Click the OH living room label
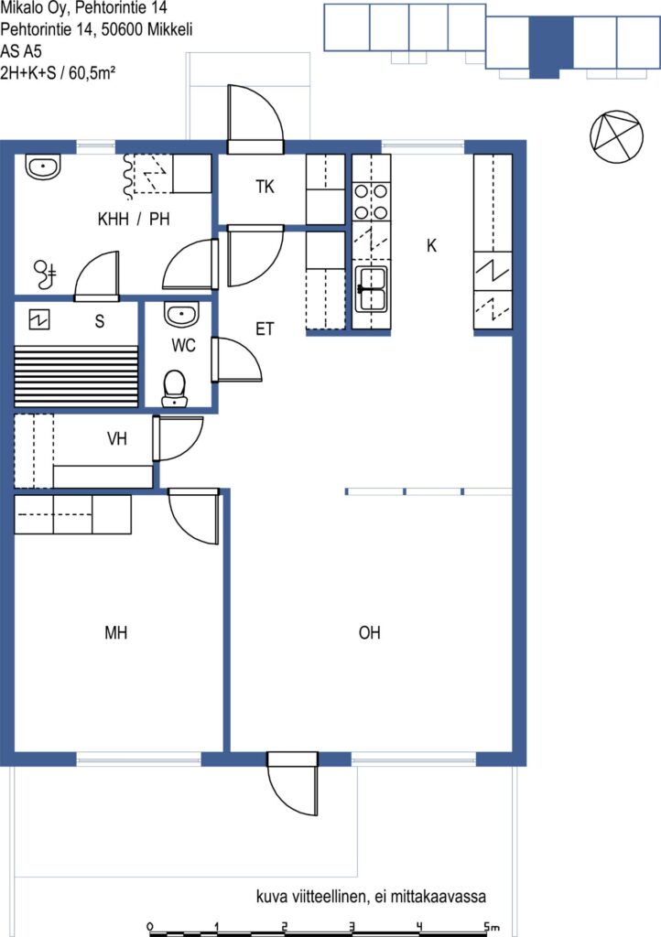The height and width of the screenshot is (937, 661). tap(369, 633)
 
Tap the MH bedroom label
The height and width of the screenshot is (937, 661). tap(116, 633)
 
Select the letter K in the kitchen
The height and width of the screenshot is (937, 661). tap(431, 245)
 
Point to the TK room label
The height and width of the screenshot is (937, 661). tap(265, 187)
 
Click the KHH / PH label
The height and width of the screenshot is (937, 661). tap(134, 220)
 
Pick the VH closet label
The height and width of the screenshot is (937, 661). tap(117, 439)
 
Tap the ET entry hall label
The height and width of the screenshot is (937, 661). tap(265, 328)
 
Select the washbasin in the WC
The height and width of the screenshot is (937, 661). tap(180, 315)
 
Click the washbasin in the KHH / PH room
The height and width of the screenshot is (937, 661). tap(44, 167)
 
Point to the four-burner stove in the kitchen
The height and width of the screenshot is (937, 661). tap(371, 202)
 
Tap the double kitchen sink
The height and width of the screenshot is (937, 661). tap(371, 288)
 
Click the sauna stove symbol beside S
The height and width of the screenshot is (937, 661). tap(39, 320)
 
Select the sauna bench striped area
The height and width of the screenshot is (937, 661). tap(76, 376)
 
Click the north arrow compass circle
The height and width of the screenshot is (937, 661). tap(617, 137)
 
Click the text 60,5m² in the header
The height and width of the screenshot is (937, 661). tap(92, 73)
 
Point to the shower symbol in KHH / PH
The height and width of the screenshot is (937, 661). tap(45, 275)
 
